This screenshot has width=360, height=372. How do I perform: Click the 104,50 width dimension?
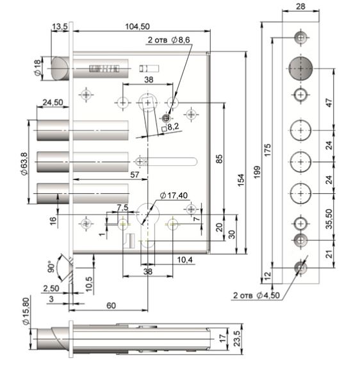pyautogui.click(x=138, y=26)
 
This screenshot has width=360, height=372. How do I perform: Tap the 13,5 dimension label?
pyautogui.click(x=60, y=27)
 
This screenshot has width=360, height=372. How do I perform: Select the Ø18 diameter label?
pyautogui.click(x=38, y=68)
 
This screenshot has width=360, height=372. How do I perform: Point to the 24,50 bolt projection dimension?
pyautogui.click(x=53, y=102)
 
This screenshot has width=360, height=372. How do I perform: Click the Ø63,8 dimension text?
pyautogui.click(x=24, y=164)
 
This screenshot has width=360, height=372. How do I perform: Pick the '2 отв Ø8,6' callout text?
pyautogui.click(x=168, y=40)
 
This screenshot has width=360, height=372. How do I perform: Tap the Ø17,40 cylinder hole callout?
pyautogui.click(x=174, y=195)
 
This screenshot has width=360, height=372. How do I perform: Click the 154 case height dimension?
pyautogui.click(x=241, y=180)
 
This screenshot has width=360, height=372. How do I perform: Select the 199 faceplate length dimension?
pyautogui.click(x=257, y=172)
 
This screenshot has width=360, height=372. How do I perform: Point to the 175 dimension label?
pyautogui.click(x=268, y=150)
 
